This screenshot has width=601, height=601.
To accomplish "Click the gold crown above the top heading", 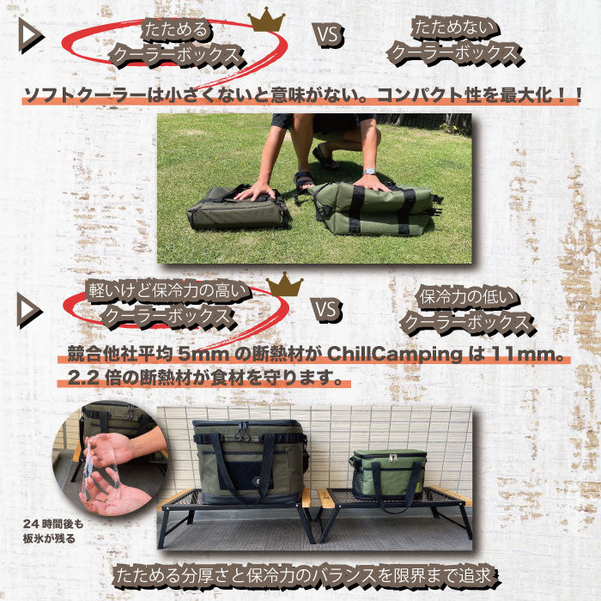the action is (x=266, y=21).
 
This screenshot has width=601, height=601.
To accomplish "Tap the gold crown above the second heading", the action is (x=284, y=284).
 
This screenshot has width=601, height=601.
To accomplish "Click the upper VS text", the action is (x=330, y=35).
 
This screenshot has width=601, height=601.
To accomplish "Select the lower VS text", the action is (x=328, y=309).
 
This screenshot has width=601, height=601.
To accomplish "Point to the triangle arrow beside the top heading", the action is (x=31, y=37).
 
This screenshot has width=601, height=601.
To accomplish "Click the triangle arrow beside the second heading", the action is (x=29, y=311).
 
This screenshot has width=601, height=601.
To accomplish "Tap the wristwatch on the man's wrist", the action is (x=369, y=172).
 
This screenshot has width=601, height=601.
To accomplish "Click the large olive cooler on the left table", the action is (x=249, y=462).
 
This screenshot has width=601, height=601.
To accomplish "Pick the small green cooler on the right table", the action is (x=388, y=476).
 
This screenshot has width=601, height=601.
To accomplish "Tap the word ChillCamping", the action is (x=394, y=355).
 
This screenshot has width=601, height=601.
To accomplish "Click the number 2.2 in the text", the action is (x=83, y=379).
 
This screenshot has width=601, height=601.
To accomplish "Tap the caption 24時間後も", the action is (x=52, y=523).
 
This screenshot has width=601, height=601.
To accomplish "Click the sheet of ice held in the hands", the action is (x=95, y=470).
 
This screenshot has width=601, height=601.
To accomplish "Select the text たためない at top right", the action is (x=455, y=29).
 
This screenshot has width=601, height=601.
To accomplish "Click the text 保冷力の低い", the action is (x=469, y=297).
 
